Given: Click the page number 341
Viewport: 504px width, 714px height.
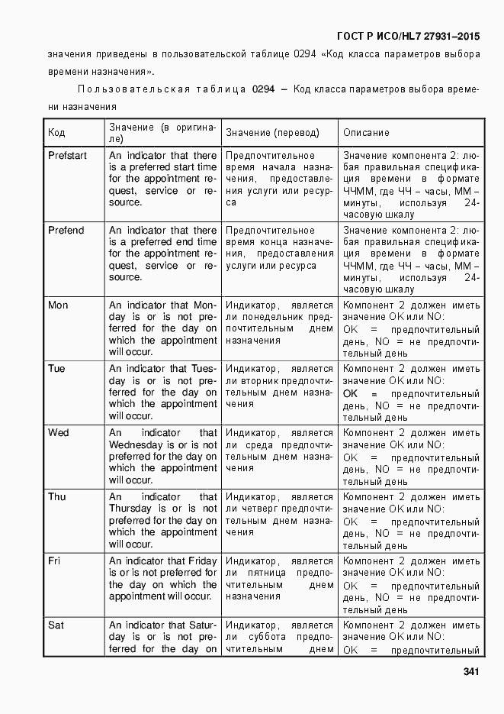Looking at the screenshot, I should pyautogui.click(x=470, y=673).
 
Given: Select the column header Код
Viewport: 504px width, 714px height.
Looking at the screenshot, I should pyautogui.click(x=56, y=133).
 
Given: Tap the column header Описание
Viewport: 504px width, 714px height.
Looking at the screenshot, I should pyautogui.click(x=366, y=133).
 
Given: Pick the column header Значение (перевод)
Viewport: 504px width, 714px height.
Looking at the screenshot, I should pyautogui.click(x=272, y=133).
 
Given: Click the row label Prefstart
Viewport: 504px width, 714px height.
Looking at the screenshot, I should pyautogui.click(x=67, y=156).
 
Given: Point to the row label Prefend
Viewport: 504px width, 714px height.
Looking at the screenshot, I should pyautogui.click(x=66, y=231).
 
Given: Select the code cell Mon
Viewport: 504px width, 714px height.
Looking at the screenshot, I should pyautogui.click(x=58, y=305).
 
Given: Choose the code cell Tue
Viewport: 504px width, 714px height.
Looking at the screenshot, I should pyautogui.click(x=56, y=369).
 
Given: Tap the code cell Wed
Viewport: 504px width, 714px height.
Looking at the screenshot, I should pyautogui.click(x=58, y=433).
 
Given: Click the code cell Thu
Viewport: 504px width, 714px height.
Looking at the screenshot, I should pyautogui.click(x=57, y=497).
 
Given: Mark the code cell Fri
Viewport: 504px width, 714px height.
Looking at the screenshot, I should pyautogui.click(x=54, y=561).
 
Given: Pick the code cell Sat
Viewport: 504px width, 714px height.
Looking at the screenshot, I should pyautogui.click(x=56, y=625).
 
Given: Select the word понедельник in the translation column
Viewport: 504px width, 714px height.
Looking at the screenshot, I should pyautogui.click(x=273, y=317).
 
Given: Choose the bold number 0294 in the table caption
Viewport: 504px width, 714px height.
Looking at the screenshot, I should pyautogui.click(x=263, y=89).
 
